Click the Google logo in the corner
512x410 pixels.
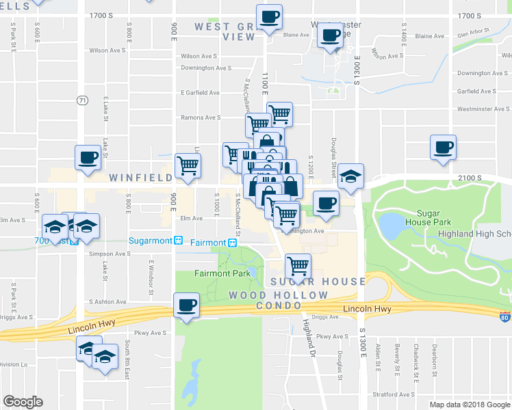point(23,402)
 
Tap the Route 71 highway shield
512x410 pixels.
point(83,100)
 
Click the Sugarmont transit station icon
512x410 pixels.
point(178,241)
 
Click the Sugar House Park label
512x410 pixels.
point(427,217)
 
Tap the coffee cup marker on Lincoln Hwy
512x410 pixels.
point(187,305)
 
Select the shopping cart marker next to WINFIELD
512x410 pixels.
point(188,164)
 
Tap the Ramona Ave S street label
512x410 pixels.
point(200,118)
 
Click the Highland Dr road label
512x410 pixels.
point(309,339)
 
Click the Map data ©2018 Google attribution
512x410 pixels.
point(469,405)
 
